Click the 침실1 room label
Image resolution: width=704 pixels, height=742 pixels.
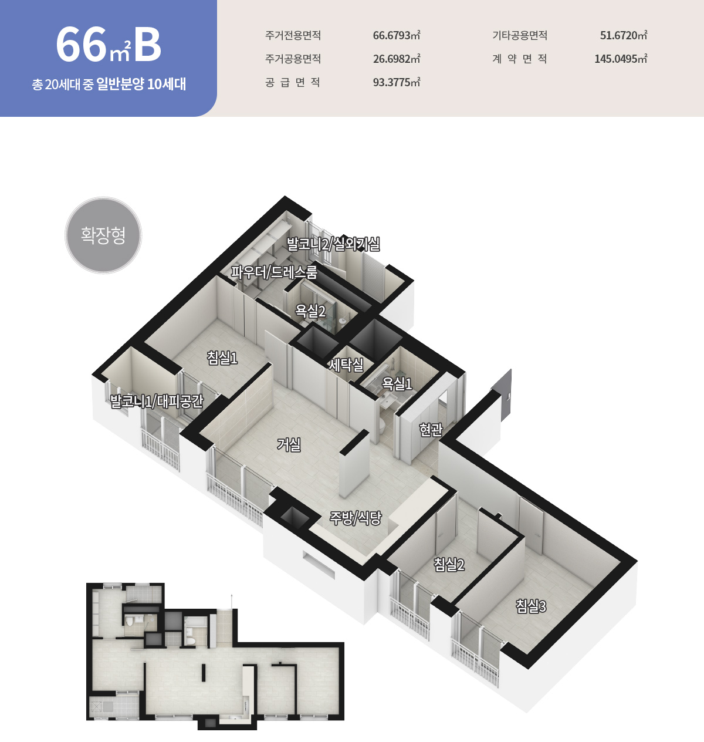tap(222, 357)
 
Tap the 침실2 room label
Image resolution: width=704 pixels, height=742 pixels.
tap(449, 564)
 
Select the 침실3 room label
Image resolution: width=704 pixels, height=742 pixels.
tap(531, 606)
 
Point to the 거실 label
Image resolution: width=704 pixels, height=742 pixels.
tap(289, 444)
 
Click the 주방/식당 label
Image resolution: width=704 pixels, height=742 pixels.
tap(356, 518)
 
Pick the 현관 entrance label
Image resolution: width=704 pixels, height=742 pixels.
tap(431, 429)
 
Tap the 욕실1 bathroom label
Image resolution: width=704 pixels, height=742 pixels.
tap(397, 383)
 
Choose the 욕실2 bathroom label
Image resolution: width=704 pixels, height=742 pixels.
tap(310, 311)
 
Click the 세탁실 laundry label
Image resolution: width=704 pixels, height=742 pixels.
tap(346, 364)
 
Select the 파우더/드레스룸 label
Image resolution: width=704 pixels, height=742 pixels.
tap(274, 272)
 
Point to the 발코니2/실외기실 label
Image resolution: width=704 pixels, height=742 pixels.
tap(333, 244)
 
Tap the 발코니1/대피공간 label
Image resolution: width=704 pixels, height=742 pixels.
tap(157, 401)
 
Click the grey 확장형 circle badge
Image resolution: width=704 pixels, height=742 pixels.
tap(103, 235)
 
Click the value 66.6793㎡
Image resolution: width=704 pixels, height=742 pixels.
tap(397, 35)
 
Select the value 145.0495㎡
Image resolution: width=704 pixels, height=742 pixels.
tap(621, 59)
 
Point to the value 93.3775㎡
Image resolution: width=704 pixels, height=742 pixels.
tap(397, 82)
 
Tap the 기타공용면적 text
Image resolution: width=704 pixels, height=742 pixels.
tap(520, 35)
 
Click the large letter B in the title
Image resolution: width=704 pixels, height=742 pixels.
tap(147, 45)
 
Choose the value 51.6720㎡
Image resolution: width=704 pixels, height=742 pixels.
tap(624, 35)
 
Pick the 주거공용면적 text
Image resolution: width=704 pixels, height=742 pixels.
tap(293, 59)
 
